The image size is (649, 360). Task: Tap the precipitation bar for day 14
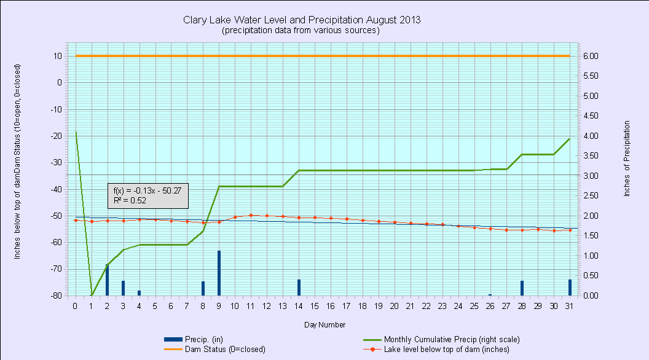(x=299, y=287)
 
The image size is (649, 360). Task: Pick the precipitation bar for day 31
(x=570, y=287)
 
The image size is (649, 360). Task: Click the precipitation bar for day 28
(x=522, y=288)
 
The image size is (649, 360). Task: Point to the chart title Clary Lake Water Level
(x=302, y=20)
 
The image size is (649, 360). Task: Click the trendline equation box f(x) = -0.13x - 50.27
(x=147, y=195)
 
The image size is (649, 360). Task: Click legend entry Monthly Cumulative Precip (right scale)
(x=452, y=339)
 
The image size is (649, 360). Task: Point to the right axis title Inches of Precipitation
(x=627, y=158)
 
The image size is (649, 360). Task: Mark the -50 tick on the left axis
(x=57, y=216)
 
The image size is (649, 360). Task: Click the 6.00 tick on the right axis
(x=590, y=56)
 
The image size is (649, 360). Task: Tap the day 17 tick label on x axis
(x=347, y=305)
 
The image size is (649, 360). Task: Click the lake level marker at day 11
(x=251, y=215)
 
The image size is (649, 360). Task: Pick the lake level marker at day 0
(x=75, y=220)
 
